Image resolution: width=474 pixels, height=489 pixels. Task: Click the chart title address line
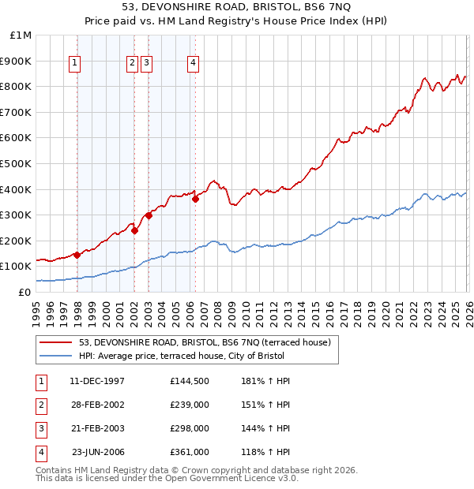tap(237, 8)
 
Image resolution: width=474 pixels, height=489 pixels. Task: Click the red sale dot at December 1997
tap(77, 255)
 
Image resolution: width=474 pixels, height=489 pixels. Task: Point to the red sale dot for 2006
tap(195, 199)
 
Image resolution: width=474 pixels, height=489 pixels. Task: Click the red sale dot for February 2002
tap(135, 230)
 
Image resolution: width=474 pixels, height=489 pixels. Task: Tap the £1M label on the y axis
tap(21, 35)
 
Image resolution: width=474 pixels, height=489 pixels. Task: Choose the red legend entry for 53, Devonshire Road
tap(209, 342)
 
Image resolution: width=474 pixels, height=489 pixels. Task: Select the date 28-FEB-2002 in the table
tap(97, 405)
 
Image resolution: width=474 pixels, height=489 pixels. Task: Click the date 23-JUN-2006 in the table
tap(98, 452)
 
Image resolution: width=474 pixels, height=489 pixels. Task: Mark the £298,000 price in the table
tap(190, 428)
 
